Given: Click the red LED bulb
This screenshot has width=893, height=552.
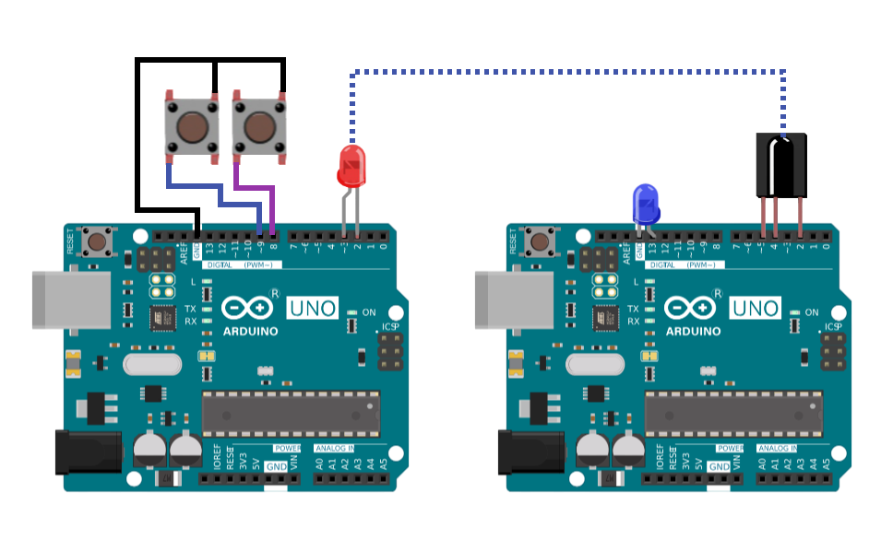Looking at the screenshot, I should [x=351, y=166].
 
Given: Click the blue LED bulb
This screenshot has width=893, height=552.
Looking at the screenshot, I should [x=645, y=203].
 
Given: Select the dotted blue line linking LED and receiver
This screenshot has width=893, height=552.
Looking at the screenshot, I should [x=567, y=71].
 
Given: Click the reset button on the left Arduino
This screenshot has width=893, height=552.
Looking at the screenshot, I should [x=95, y=242].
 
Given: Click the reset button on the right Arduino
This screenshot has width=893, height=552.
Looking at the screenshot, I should [x=538, y=242].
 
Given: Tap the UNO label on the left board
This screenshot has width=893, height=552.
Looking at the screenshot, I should [x=312, y=308].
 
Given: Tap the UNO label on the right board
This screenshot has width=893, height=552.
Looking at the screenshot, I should [x=755, y=308].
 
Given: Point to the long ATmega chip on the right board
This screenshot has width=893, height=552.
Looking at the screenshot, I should [x=733, y=412].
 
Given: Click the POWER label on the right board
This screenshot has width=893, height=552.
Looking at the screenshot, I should [x=730, y=448].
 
